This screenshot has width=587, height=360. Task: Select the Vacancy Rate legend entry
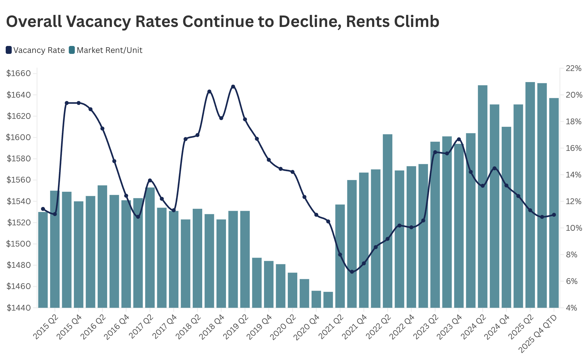point(35,50)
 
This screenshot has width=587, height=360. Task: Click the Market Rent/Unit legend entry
point(106,50)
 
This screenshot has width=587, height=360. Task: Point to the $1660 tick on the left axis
point(19,74)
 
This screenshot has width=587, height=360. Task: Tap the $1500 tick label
point(19,244)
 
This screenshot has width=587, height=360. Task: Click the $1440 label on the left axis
point(19,308)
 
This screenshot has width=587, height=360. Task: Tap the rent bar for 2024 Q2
point(482,196)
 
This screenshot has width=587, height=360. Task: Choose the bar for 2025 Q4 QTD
point(554,203)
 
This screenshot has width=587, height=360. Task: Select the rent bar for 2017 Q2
point(150,248)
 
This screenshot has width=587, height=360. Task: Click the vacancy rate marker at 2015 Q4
point(79,103)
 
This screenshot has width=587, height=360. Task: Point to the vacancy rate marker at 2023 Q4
point(459,139)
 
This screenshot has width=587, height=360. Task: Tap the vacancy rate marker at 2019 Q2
point(245,119)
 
